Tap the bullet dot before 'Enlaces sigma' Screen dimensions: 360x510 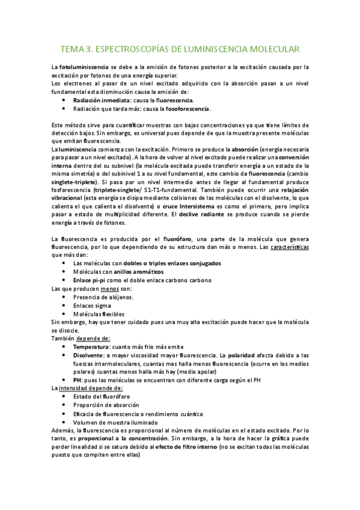click(64, 306)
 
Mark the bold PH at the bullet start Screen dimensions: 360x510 click(77, 380)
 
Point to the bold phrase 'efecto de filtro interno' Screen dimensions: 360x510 click(182, 447)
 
